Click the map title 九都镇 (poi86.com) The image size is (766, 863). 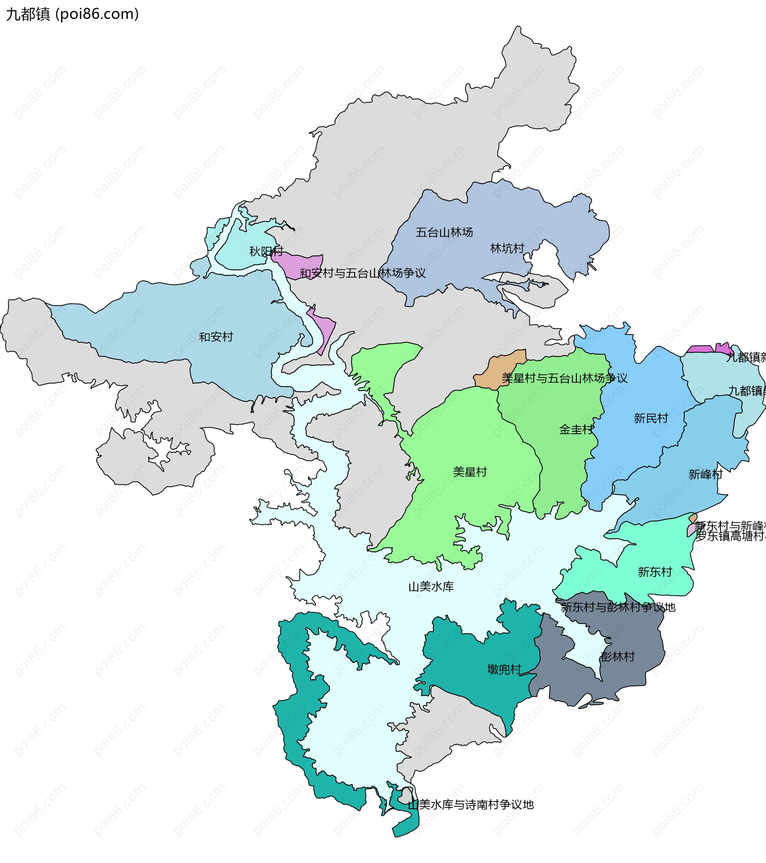[72, 14]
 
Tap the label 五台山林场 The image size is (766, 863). [444, 232]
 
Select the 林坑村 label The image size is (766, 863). [507, 248]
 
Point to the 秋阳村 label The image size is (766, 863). [266, 251]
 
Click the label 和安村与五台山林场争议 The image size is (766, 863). [362, 273]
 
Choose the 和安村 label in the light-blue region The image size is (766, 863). [216, 337]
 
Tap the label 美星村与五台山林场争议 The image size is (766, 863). [564, 378]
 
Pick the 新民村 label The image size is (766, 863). [651, 419]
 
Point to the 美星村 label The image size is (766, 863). [470, 472]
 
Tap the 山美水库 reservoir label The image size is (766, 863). [431, 587]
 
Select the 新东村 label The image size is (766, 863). [655, 572]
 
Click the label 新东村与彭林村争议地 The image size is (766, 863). [618, 607]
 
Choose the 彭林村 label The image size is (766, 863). [617, 657]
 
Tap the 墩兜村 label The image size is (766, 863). [504, 669]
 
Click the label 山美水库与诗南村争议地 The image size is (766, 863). [470, 805]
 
